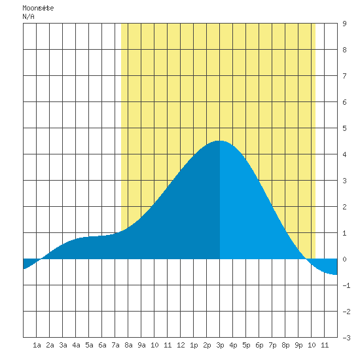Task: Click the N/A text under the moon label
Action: (x=28, y=16)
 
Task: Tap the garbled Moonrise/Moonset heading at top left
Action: (x=38, y=8)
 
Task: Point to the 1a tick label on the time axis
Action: (x=37, y=345)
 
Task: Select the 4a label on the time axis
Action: (x=76, y=345)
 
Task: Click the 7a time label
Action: (x=115, y=345)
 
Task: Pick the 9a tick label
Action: (x=141, y=345)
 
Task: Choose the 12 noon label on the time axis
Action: (x=181, y=345)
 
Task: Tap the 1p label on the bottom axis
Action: (x=194, y=345)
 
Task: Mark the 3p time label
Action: (x=220, y=345)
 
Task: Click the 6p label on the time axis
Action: (x=259, y=345)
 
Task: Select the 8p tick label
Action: (x=285, y=345)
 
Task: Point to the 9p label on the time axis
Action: (x=298, y=345)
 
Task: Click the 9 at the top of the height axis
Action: (x=344, y=24)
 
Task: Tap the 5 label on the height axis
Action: (x=344, y=128)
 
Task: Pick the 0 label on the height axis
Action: (x=344, y=259)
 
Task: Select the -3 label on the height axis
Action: (x=346, y=338)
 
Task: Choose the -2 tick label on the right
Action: (x=346, y=312)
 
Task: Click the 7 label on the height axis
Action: (x=344, y=76)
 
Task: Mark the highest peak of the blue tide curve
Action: (x=219, y=141)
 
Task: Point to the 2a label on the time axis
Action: (x=50, y=345)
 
